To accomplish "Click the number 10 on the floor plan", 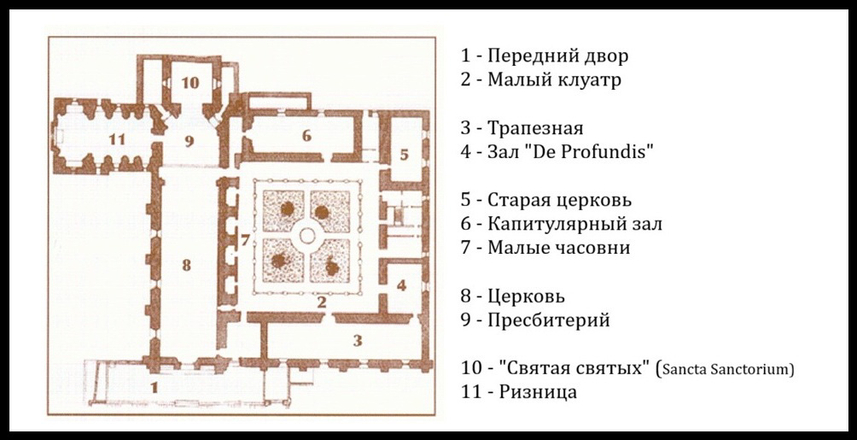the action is (189, 83).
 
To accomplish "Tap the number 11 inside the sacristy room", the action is (116, 139).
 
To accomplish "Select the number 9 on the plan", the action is (189, 141).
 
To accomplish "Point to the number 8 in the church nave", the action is (186, 266).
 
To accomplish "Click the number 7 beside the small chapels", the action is (245, 240).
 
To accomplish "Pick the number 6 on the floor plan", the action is (306, 135).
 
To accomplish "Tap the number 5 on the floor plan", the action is (404, 155).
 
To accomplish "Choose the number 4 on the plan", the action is (402, 285).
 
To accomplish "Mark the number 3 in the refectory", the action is (358, 341).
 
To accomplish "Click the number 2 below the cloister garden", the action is (322, 301).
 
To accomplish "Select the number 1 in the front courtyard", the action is (154, 388).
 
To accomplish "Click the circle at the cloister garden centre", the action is (306, 236).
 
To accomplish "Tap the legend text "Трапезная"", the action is (535, 128).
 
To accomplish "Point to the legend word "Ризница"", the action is (538, 392).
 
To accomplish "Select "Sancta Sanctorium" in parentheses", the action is (726, 369).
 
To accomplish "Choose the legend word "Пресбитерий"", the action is (549, 320).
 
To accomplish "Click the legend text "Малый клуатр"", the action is (554, 80).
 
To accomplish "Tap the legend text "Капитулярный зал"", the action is (575, 224).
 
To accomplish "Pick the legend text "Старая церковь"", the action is (560, 200).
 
